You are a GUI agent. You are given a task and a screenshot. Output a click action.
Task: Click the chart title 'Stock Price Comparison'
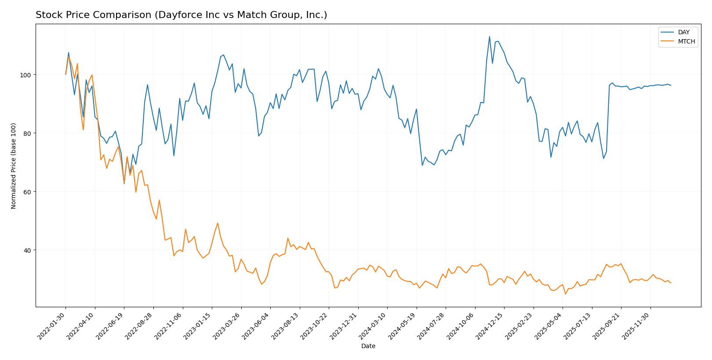181,15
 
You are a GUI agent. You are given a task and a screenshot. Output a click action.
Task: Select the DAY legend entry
683,32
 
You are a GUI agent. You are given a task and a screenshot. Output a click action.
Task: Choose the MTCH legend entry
686,42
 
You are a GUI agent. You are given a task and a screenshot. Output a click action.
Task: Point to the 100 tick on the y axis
26,75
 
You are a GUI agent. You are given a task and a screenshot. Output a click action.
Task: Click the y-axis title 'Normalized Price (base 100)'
14,166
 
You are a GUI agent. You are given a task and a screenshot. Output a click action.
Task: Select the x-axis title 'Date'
368,346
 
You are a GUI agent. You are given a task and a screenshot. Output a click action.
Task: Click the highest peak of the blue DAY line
490,36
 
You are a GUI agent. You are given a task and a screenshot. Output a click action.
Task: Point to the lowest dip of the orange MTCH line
566,294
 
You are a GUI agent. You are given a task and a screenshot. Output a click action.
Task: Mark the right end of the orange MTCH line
671,283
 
